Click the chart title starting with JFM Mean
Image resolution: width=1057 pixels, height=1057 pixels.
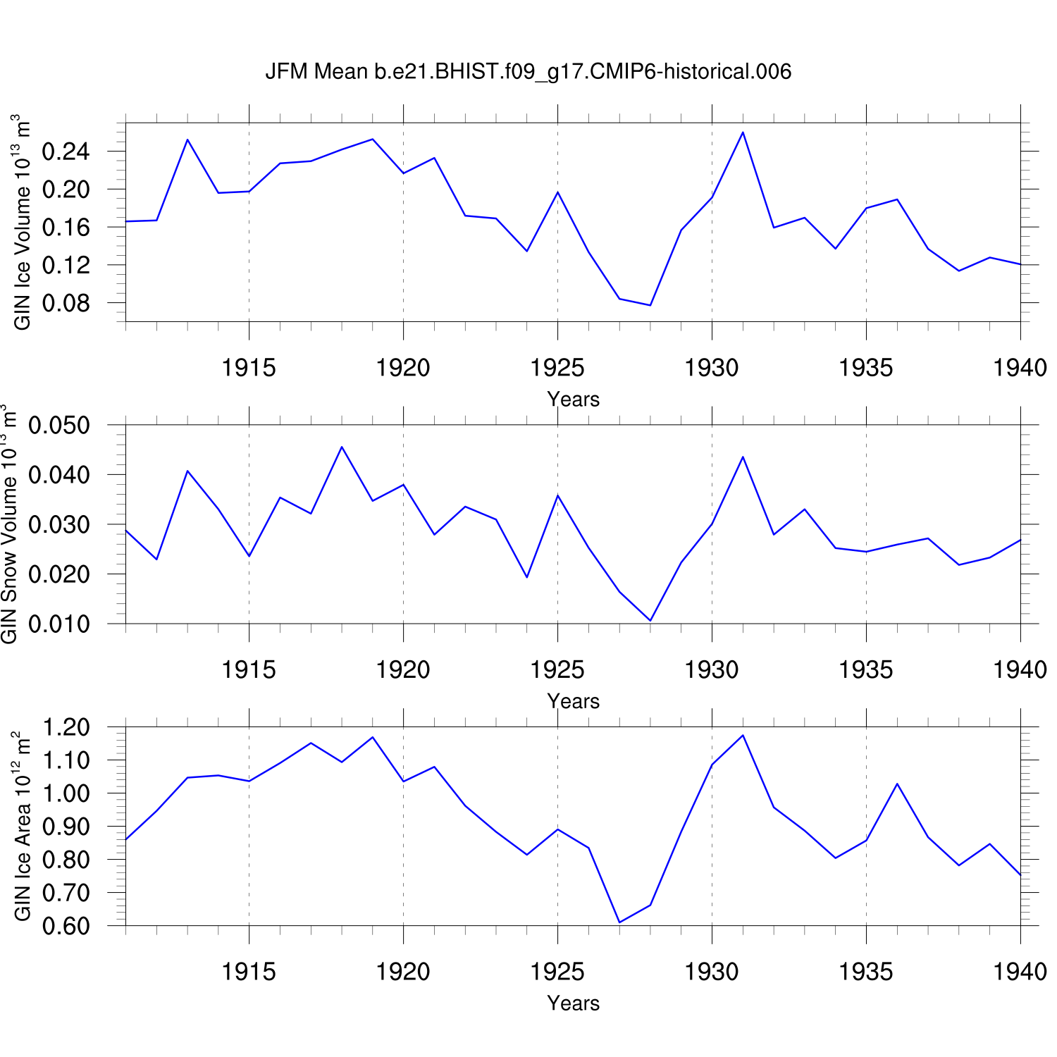[x=528, y=71]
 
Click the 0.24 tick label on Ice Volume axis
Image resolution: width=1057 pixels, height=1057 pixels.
[x=66, y=152]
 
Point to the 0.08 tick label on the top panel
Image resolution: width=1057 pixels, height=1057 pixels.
[x=66, y=303]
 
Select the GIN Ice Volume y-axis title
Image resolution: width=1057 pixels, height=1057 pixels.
[x=23, y=222]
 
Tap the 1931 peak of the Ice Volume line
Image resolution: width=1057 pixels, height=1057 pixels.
[x=743, y=132]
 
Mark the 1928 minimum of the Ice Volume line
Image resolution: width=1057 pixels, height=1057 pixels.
[x=650, y=305]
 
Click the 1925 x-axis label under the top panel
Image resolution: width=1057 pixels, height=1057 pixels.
[x=557, y=367]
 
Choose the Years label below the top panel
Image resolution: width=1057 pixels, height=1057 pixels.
[x=573, y=399]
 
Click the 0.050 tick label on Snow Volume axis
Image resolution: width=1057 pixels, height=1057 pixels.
[x=59, y=425]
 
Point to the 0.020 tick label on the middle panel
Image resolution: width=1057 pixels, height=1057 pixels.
[x=59, y=574]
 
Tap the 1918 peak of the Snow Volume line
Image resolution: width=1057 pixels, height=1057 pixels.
[x=342, y=447]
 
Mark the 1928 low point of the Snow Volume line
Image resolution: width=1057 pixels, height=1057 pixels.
[x=650, y=621]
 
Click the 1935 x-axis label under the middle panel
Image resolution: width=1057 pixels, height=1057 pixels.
[x=866, y=669]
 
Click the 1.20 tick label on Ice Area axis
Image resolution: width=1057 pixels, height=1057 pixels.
[x=66, y=727]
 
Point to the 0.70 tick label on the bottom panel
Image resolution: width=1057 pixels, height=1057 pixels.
[x=66, y=893]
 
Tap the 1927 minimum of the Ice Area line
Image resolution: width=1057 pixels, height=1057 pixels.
[x=619, y=922]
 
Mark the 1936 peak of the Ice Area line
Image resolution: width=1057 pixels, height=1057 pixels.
[x=897, y=784]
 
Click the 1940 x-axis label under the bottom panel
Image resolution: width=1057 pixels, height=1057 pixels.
[x=1020, y=972]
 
